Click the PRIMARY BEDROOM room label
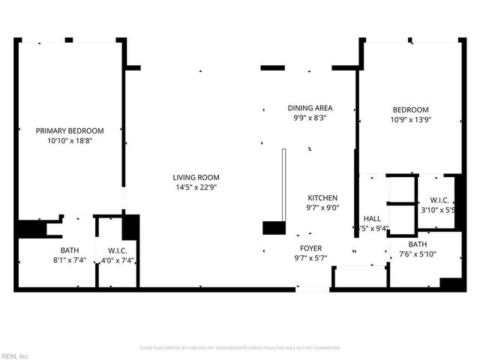click(x=70, y=130)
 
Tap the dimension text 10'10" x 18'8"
click(x=70, y=140)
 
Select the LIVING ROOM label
click(x=193, y=178)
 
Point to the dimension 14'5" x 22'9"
click(x=193, y=187)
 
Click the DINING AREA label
click(x=310, y=108)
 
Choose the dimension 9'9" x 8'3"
click(x=310, y=118)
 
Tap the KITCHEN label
click(x=322, y=198)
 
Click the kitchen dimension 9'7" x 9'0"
click(x=322, y=208)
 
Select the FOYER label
click(x=310, y=248)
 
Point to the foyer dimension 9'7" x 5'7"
click(x=310, y=258)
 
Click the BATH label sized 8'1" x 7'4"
click(x=70, y=250)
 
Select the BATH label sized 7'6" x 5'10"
click(x=418, y=244)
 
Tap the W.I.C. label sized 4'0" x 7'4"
click(x=117, y=250)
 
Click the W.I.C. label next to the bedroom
click(x=439, y=200)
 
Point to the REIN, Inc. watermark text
click(x=14, y=355)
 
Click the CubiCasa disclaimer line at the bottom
click(x=240, y=348)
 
